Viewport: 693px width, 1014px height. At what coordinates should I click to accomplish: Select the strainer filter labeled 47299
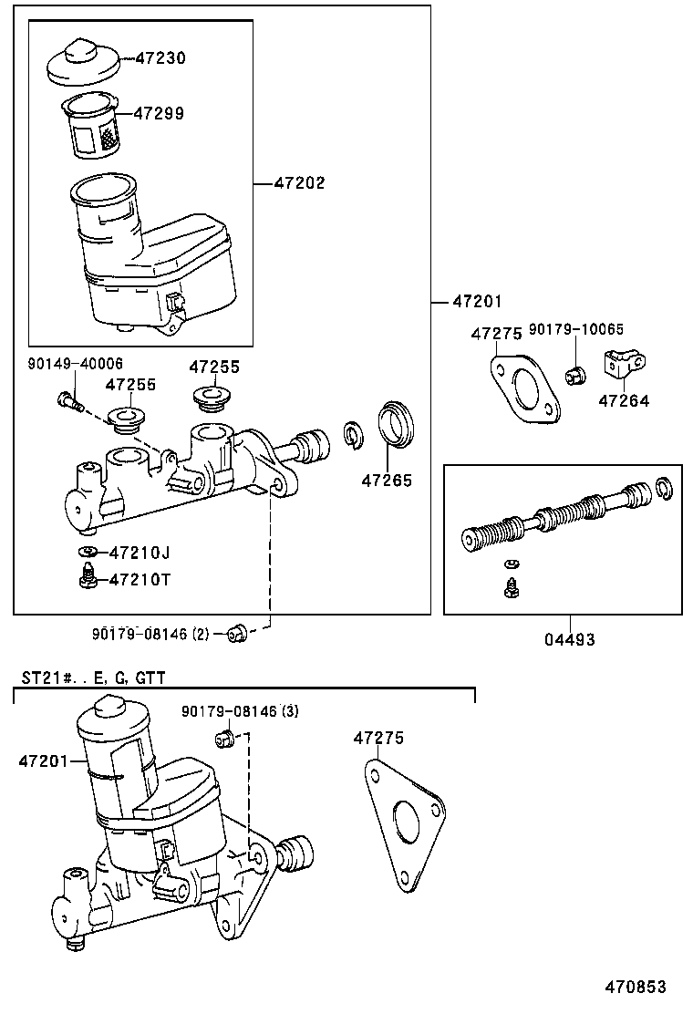pos(94,127)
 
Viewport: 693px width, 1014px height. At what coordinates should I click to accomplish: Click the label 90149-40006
pos(75,364)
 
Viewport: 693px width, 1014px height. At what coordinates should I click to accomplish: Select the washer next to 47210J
pos(88,552)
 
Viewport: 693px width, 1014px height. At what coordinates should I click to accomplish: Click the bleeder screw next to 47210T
pos(88,577)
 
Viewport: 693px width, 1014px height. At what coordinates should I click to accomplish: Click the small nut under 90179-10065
pos(575,374)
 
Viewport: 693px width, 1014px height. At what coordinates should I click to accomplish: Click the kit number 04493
pos(570,640)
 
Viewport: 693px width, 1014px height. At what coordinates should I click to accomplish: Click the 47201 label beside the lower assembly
pos(42,760)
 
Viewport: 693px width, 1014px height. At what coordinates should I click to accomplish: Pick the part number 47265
pos(386,481)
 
